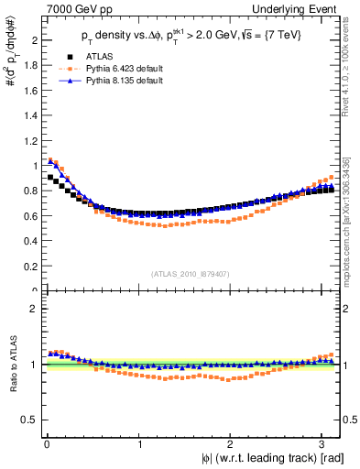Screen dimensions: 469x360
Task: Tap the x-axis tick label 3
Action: pos(325,445)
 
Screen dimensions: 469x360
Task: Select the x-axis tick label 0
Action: pos(46,445)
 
